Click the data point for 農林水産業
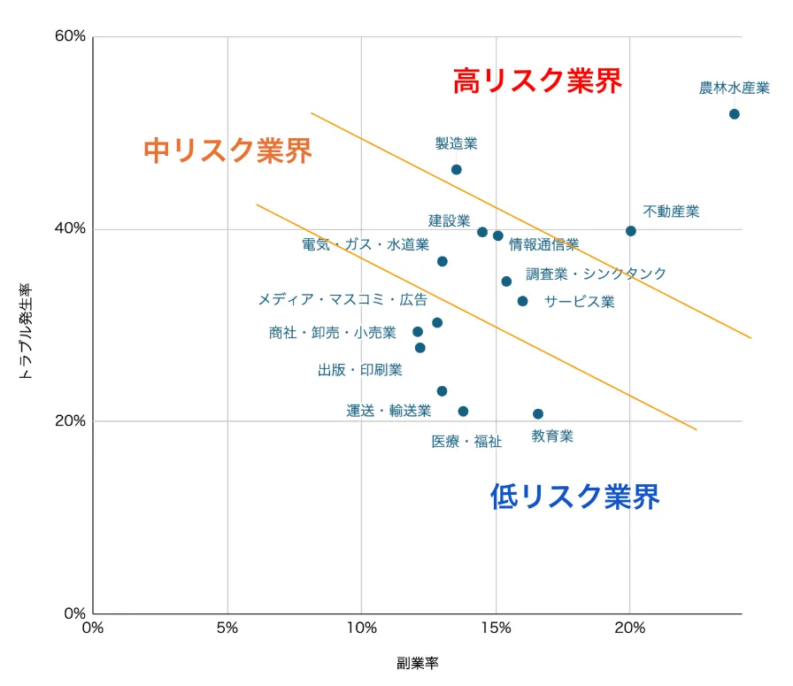pyautogui.click(x=734, y=114)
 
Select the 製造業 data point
pyautogui.click(x=456, y=169)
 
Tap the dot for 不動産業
pyautogui.click(x=630, y=231)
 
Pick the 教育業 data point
pyautogui.click(x=537, y=413)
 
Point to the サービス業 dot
pyautogui.click(x=522, y=301)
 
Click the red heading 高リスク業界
pyautogui.click(x=537, y=81)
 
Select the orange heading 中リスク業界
pyautogui.click(x=227, y=150)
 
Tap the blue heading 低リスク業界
pyautogui.click(x=574, y=497)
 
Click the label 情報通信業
pyautogui.click(x=543, y=244)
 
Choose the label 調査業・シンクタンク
pyautogui.click(x=596, y=274)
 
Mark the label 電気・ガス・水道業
pyautogui.click(x=365, y=244)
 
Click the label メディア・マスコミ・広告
pyautogui.click(x=342, y=299)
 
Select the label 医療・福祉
pyautogui.click(x=466, y=441)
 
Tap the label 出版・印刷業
pyautogui.click(x=359, y=369)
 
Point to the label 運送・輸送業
pyautogui.click(x=389, y=411)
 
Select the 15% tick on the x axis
pyautogui.click(x=496, y=628)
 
